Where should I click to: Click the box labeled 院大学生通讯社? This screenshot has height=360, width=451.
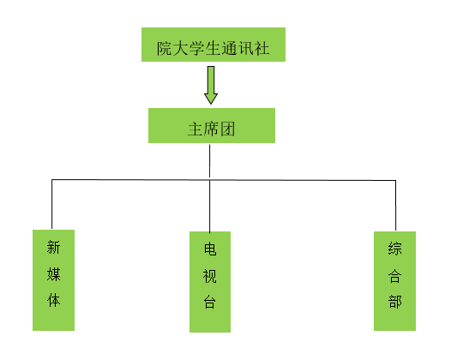coord(213,45)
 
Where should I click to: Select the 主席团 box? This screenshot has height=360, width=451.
coord(212,125)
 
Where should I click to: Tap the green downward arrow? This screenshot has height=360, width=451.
coord(211,85)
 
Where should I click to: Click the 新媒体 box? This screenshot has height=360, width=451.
coord(53,280)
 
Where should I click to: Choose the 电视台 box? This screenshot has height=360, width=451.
coord(210,282)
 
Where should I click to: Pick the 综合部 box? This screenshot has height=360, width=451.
coord(394,281)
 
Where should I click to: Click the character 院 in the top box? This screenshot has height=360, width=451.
coord(165,48)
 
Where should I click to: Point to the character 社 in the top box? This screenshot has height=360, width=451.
coord(262,48)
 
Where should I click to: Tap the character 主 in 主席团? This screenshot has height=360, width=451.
coord(195,129)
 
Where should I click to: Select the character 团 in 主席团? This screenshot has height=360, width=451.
coord(227,129)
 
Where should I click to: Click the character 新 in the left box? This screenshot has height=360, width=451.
coord(53,247)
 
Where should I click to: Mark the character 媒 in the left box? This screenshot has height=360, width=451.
coord(53,273)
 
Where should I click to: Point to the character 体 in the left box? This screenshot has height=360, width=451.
coord(53,300)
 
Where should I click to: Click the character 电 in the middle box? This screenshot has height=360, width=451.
coord(210,249)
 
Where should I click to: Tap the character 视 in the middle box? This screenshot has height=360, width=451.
coord(210,276)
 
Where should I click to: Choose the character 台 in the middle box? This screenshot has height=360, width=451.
coord(210,302)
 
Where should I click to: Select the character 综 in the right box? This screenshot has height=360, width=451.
coord(394,249)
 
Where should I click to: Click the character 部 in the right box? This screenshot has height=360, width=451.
coord(394,302)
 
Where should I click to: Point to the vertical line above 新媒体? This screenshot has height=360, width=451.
coord(51,204)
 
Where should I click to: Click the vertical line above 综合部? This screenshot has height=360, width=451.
coord(395,206)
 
